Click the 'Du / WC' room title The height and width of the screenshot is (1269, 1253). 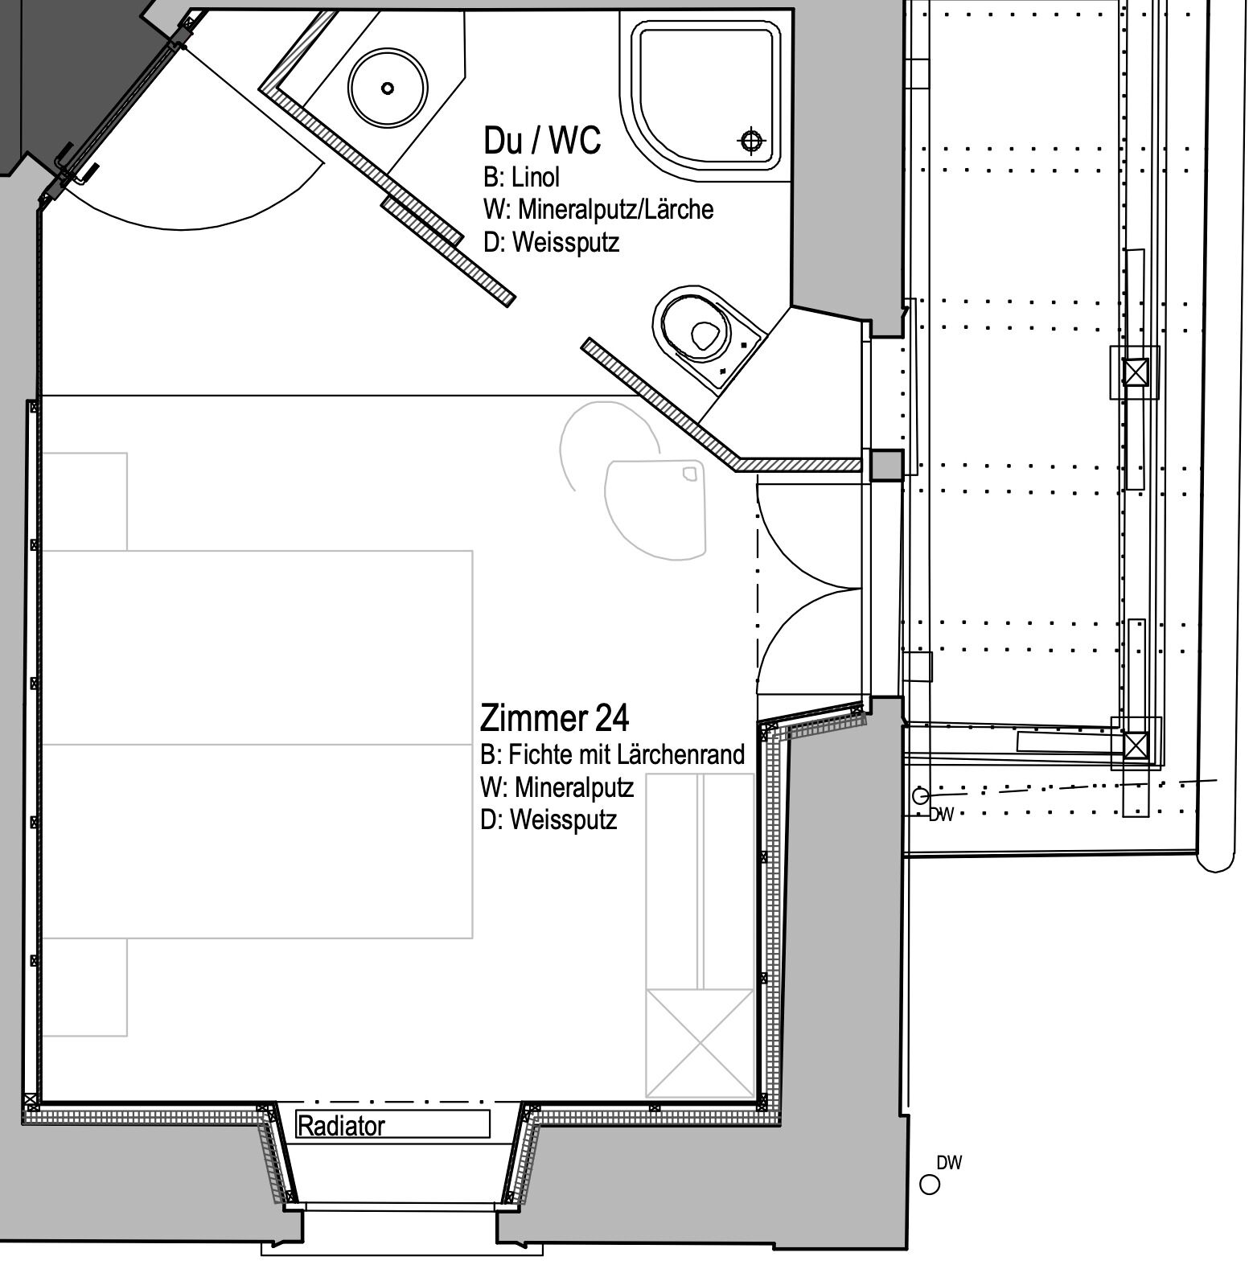click(542, 140)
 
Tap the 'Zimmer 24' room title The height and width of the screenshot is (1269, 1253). click(555, 717)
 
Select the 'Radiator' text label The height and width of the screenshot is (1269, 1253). click(341, 1126)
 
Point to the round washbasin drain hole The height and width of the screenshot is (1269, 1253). click(388, 88)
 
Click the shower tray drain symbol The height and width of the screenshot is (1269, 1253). click(751, 142)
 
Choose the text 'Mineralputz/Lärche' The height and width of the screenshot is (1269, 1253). click(615, 209)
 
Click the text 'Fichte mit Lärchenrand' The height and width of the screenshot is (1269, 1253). click(626, 754)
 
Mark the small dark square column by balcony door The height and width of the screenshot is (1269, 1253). click(887, 466)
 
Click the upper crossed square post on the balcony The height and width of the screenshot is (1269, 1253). click(1135, 372)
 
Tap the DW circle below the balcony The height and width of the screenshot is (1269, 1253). click(930, 1185)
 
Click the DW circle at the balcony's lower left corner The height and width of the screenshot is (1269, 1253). click(920, 796)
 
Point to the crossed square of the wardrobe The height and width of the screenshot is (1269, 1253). click(700, 1043)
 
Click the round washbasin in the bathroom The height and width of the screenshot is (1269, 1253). click(388, 88)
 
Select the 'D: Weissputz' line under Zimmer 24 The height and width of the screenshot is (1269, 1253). click(548, 819)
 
